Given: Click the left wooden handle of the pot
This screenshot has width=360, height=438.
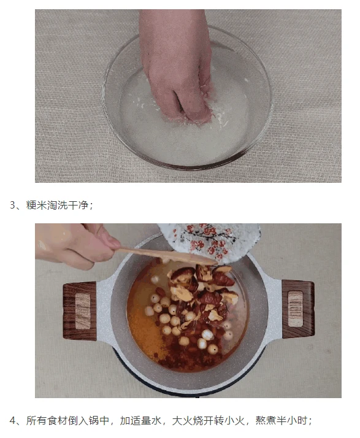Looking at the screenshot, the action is pyautogui.click(x=80, y=312).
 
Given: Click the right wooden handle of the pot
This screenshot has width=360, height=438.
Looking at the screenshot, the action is pyautogui.click(x=298, y=309).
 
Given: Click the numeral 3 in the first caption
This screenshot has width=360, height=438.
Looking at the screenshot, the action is pyautogui.click(x=13, y=206).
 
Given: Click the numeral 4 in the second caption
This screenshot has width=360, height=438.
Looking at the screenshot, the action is pyautogui.click(x=13, y=420).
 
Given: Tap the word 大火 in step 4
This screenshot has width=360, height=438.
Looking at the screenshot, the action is pyautogui.click(x=182, y=420).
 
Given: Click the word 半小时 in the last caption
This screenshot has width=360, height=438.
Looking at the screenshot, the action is pyautogui.click(x=292, y=420).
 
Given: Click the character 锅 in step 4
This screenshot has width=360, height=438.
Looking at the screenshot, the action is pyautogui.click(x=94, y=420).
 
